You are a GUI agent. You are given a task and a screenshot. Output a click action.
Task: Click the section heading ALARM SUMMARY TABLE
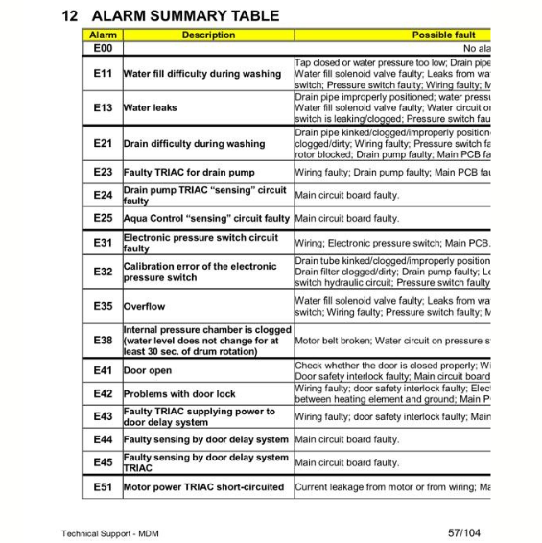click(x=185, y=15)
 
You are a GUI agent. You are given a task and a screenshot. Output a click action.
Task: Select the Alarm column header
click(x=103, y=35)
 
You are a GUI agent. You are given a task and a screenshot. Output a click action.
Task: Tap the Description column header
click(x=208, y=35)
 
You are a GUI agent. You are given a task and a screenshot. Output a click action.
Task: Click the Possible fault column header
click(x=443, y=35)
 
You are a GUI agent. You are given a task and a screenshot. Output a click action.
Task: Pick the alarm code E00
click(x=103, y=48)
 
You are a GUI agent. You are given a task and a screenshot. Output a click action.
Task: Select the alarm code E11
click(x=103, y=74)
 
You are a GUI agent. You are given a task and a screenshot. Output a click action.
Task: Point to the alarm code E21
click(x=103, y=144)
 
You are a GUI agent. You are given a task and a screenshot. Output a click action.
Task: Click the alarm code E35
click(x=103, y=307)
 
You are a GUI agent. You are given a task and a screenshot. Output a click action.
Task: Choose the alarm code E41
click(x=103, y=370)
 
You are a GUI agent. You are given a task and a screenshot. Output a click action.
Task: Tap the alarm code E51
click(x=103, y=487)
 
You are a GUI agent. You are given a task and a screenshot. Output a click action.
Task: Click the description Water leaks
click(x=151, y=108)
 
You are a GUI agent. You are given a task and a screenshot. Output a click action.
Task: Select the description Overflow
click(x=145, y=307)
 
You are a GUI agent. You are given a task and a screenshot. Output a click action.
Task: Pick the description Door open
click(x=148, y=370)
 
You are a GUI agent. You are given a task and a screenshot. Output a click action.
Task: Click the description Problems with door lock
click(x=179, y=394)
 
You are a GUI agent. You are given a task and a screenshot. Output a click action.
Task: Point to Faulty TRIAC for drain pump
click(x=189, y=173)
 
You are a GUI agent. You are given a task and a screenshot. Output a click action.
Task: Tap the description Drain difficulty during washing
click(x=195, y=144)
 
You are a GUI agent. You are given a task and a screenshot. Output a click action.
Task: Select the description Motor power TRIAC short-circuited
click(x=203, y=487)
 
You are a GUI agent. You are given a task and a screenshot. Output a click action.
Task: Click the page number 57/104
click(x=463, y=532)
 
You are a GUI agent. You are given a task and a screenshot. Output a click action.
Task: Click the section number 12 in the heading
click(x=69, y=15)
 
